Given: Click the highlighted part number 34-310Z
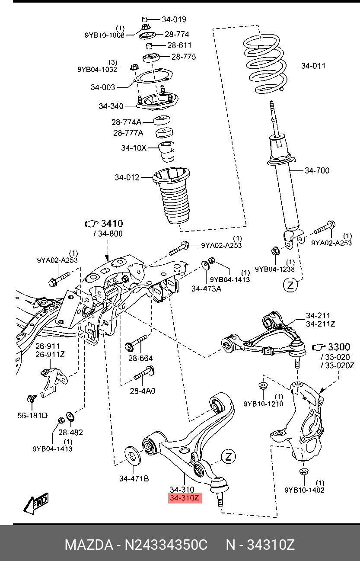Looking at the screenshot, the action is (185, 498).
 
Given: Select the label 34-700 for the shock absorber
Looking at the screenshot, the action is (317, 170).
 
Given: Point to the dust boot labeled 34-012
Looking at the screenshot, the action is (172, 196).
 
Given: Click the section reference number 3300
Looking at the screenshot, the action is (339, 347).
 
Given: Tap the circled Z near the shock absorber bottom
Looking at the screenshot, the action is (290, 285).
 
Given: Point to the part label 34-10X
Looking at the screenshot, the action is (134, 148).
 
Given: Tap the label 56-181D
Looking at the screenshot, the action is (32, 416).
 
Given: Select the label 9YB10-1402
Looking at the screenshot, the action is (304, 490).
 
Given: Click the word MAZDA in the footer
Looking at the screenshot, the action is (89, 545).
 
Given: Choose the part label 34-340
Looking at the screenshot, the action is (111, 106).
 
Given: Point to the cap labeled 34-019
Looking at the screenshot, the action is (145, 19).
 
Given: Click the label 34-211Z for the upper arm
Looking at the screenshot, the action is (321, 324).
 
